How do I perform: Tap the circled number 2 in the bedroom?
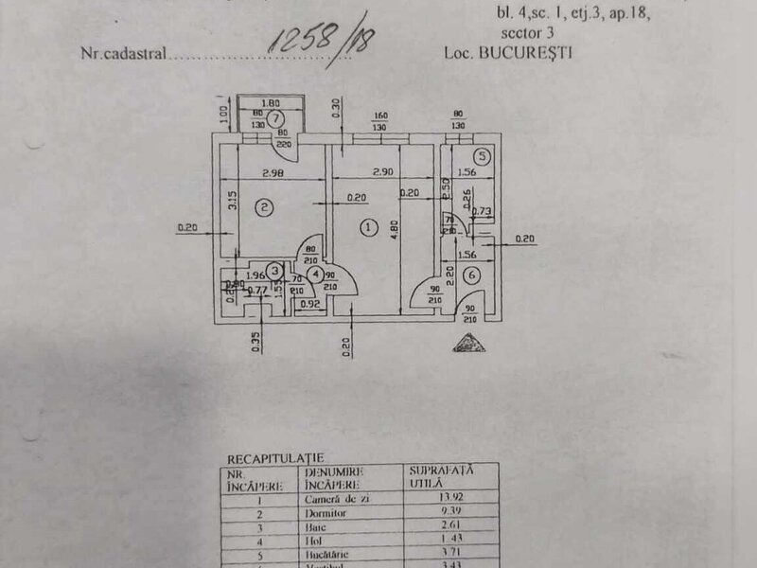pyautogui.click(x=266, y=207)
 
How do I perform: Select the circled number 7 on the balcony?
pyautogui.click(x=274, y=118)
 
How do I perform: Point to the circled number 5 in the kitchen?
pyautogui.click(x=483, y=157)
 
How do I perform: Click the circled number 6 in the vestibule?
pyautogui.click(x=472, y=276)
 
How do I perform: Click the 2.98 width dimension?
pyautogui.click(x=273, y=173)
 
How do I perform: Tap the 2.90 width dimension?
pyautogui.click(x=382, y=173)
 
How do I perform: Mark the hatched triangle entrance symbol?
pyautogui.click(x=468, y=343)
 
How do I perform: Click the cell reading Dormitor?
pyautogui.click(x=326, y=513)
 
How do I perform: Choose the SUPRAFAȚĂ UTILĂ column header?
pyautogui.click(x=441, y=475)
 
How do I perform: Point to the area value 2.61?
pyautogui.click(x=423, y=530)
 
